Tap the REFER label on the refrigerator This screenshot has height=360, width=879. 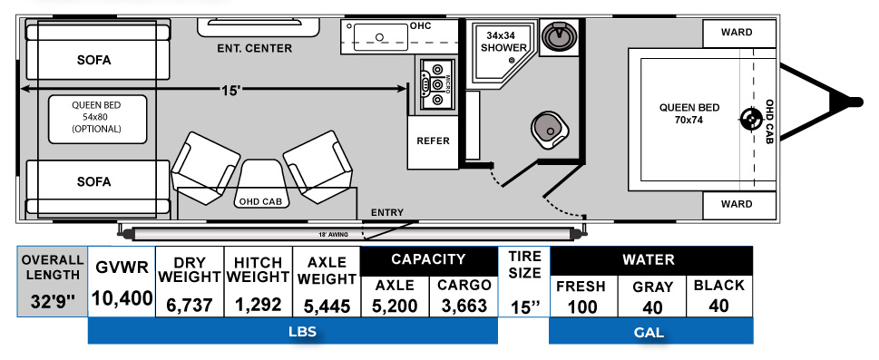pyautogui.click(x=433, y=141)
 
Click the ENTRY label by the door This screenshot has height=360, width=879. pyautogui.click(x=386, y=213)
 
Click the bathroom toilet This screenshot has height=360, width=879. pyautogui.click(x=551, y=128)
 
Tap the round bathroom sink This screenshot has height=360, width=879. pyautogui.click(x=555, y=37)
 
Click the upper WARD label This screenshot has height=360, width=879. pyautogui.click(x=737, y=32)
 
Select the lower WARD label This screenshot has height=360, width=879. pyautogui.click(x=737, y=204)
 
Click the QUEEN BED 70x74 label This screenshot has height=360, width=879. pyautogui.click(x=689, y=113)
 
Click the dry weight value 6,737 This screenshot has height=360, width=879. pyautogui.click(x=190, y=306)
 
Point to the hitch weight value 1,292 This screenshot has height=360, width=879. pyautogui.click(x=258, y=306)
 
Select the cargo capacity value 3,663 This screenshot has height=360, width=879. pyautogui.click(x=465, y=306)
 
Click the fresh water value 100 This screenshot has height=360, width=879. pyautogui.click(x=582, y=306)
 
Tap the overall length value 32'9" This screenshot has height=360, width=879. pyautogui.click(x=51, y=299)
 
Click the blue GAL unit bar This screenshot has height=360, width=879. pyautogui.click(x=650, y=332)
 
